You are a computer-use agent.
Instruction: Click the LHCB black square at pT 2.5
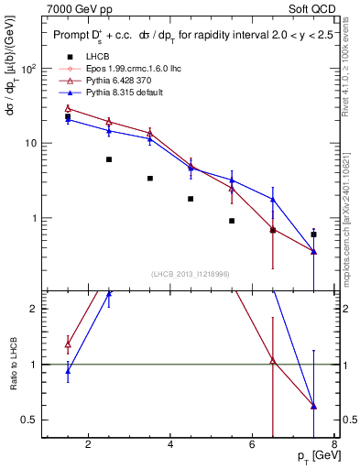109,159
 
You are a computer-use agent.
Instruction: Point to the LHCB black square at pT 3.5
150,178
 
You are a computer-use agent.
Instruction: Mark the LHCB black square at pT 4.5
191,199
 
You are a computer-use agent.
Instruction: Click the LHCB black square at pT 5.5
232,221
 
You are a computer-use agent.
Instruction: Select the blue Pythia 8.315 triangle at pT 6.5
273,199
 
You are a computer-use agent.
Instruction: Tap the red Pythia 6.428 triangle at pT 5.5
232,189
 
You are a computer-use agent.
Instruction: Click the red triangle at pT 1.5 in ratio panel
68,344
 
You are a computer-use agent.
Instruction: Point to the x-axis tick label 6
253,446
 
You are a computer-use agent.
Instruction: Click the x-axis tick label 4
170,446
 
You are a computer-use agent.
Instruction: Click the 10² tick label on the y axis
29,69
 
